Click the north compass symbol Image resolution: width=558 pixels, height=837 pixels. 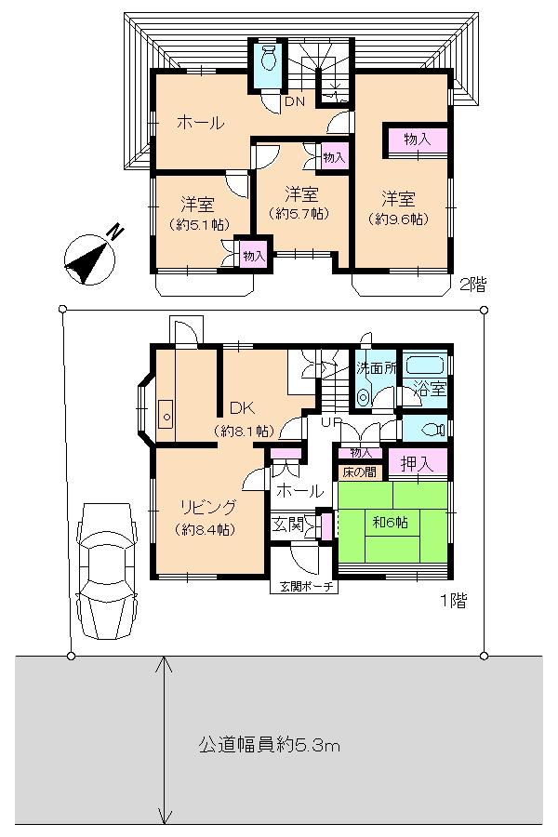89,259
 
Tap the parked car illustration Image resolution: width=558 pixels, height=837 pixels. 106,571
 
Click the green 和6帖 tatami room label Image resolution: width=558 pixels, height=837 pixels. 391,522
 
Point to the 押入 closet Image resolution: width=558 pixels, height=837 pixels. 418,461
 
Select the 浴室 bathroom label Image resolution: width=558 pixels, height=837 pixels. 430,389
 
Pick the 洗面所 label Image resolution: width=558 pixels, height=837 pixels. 376,367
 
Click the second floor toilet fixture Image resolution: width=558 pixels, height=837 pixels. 269,58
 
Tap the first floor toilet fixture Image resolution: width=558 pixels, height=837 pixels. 433,429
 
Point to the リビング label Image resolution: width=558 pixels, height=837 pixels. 207,507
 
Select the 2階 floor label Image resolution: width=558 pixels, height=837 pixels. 472,285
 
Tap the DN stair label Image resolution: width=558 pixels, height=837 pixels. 294,101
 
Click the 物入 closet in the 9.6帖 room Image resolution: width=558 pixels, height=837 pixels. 417,140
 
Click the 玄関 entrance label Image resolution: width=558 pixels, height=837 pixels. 287,525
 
